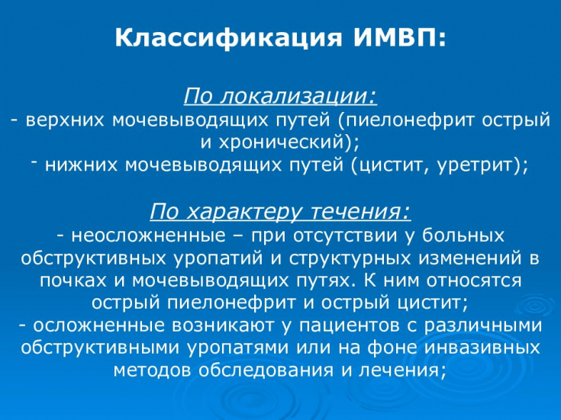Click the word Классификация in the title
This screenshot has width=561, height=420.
click(228, 37)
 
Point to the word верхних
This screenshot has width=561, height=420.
click(65, 120)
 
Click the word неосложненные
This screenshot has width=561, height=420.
click(149, 236)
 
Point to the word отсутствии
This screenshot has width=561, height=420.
click(345, 236)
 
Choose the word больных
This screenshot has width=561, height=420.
click(463, 236)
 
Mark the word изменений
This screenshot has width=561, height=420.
click(470, 258)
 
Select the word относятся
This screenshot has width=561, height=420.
click(474, 281)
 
